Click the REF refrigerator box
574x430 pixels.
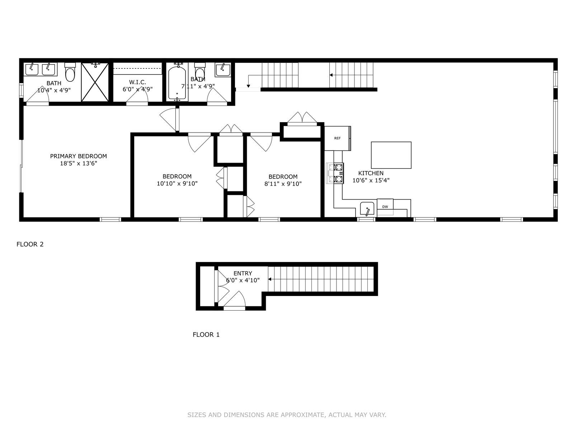coord(337,138)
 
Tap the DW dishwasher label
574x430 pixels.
coord(385,207)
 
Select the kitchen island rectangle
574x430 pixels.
coord(391,155)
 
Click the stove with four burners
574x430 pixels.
coord(335,173)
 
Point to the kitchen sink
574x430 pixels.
coord(367,209)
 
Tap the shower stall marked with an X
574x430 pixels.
coord(95,82)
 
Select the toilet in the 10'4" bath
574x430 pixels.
coord(70,73)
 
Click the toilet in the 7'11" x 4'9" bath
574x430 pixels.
coord(200,72)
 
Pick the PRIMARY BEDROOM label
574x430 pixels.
coord(78,156)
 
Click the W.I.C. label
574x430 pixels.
coord(137,82)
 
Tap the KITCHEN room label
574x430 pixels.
coord(371,173)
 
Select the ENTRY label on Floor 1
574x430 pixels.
coord(243,273)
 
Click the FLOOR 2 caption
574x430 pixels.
coord(30,244)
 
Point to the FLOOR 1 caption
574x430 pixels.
coord(206,335)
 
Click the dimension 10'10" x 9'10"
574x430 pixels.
coord(177,183)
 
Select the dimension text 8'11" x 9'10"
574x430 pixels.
coord(283,184)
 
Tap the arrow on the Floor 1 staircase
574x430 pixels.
coord(270,279)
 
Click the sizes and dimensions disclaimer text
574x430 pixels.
coord(287,415)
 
